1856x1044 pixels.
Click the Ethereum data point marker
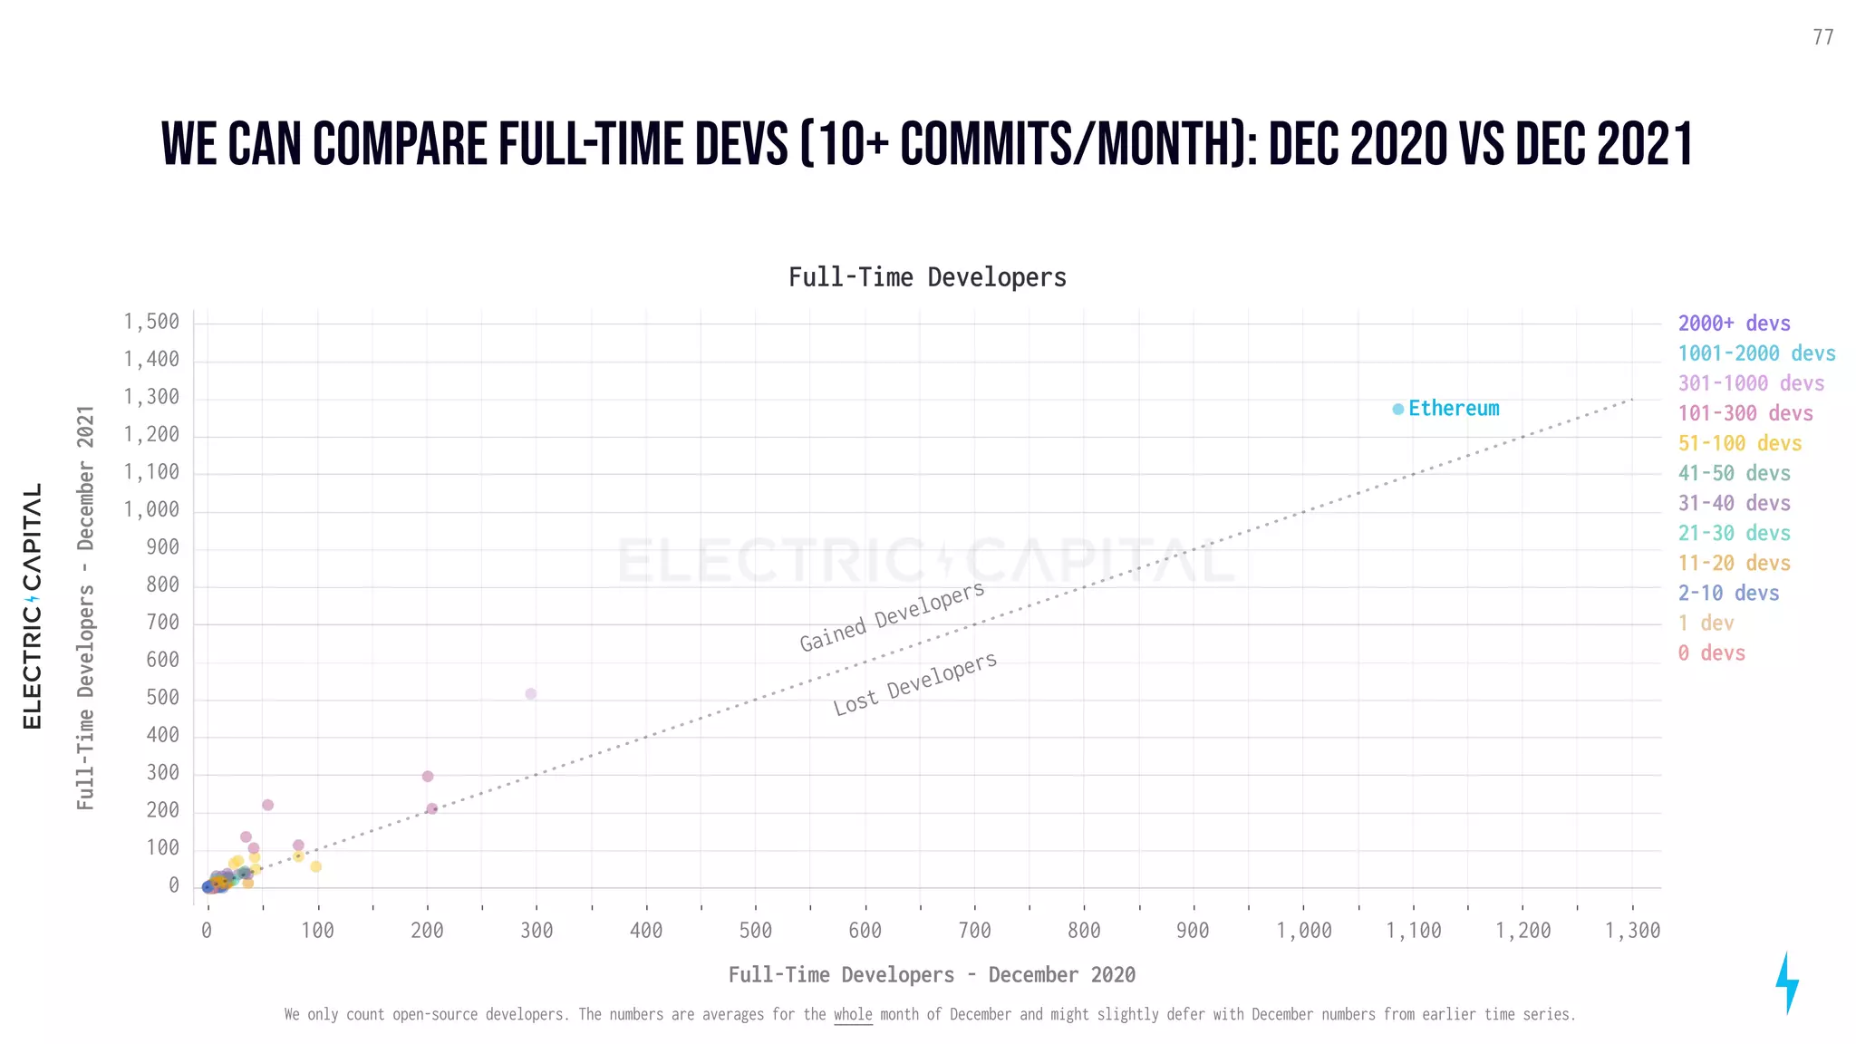1397,410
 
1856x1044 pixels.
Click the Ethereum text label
1454,409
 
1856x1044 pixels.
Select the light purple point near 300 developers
531,694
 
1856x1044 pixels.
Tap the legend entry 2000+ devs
1734,324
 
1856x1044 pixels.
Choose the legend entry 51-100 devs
1739,443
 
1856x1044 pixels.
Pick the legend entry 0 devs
1711,652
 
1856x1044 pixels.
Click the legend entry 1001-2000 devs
1755,353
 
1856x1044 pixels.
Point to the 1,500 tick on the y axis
151,322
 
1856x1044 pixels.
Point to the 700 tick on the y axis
162,623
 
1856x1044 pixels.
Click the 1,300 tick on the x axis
1632,931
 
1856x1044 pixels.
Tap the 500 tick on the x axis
755,931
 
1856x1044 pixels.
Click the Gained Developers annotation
892,617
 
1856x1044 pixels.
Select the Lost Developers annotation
915,683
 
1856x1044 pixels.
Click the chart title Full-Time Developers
927,277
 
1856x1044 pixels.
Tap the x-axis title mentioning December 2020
932,975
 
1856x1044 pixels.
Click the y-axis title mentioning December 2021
86,607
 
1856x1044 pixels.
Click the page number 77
1822,37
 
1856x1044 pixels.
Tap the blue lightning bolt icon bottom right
1786,983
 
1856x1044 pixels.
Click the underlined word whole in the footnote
853,1015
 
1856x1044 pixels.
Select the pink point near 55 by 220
267,805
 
